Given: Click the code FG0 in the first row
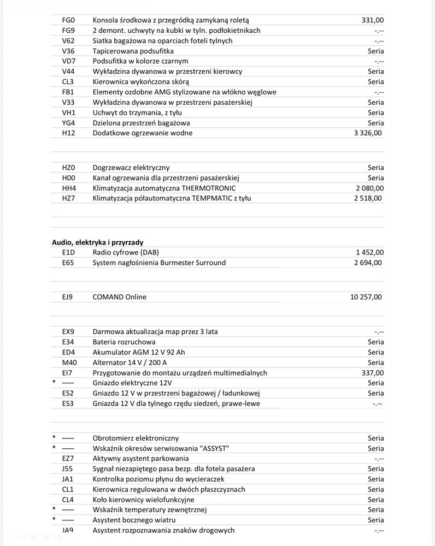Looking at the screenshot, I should click(68, 20).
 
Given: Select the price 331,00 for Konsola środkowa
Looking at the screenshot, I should click(373, 20).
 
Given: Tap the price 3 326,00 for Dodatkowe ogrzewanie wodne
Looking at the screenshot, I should click(368, 133).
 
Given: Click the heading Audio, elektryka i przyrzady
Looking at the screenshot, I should click(98, 242).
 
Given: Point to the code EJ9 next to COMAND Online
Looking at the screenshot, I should click(68, 297).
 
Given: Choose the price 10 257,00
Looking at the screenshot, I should click(366, 297).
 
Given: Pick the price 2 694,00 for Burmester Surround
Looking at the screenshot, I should click(368, 263).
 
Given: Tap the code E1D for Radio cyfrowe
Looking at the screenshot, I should click(68, 252).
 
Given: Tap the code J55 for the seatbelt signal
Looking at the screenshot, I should click(67, 468).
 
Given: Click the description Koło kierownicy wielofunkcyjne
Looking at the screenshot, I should click(143, 500).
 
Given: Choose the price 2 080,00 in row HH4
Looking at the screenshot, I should click(369, 188).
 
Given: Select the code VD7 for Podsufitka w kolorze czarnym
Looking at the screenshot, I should click(68, 61).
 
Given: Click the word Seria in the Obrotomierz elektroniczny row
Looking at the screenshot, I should click(376, 438).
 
